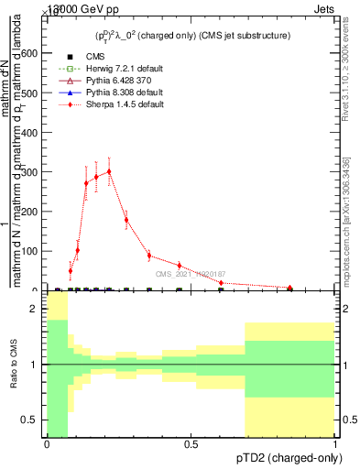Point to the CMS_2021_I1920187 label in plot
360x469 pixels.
click(x=190, y=274)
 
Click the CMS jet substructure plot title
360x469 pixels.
click(x=194, y=36)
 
